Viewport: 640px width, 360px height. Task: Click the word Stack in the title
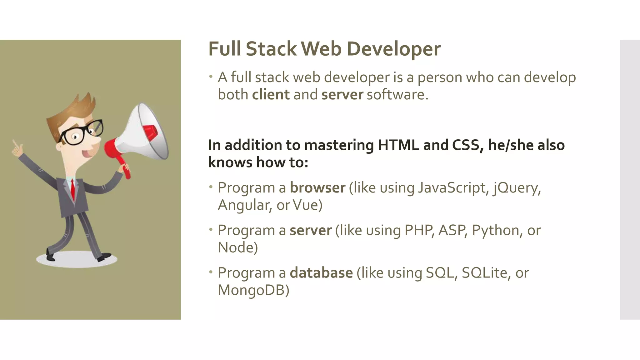[x=271, y=49]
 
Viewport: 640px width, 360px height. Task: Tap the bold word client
[x=271, y=94]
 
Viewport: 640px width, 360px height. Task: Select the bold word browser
[x=317, y=187]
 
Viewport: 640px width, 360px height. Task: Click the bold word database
[x=321, y=273]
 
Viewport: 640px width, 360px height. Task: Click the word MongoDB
[x=253, y=290]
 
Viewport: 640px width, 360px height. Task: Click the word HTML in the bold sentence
[x=398, y=145]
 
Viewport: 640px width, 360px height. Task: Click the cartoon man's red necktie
[x=72, y=189]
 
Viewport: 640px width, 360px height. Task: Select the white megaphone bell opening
[x=153, y=131]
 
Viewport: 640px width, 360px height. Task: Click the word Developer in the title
[x=393, y=49]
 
